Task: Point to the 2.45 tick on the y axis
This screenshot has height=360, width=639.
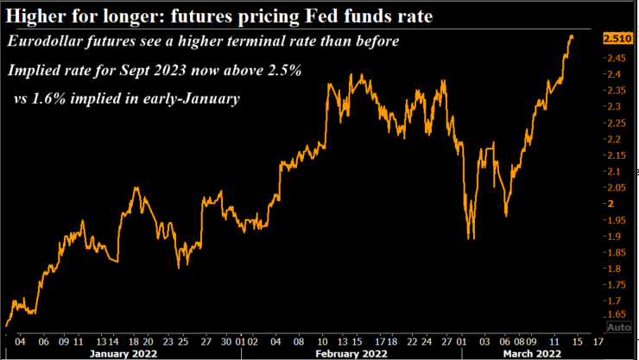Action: (x=616, y=58)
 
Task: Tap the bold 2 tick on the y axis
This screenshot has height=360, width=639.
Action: (x=611, y=204)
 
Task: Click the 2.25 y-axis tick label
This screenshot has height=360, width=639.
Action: (x=616, y=123)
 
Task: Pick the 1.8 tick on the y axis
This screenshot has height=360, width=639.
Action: (x=613, y=268)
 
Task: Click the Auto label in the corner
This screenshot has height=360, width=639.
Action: (x=618, y=328)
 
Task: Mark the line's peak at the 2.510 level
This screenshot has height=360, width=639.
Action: (x=572, y=37)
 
